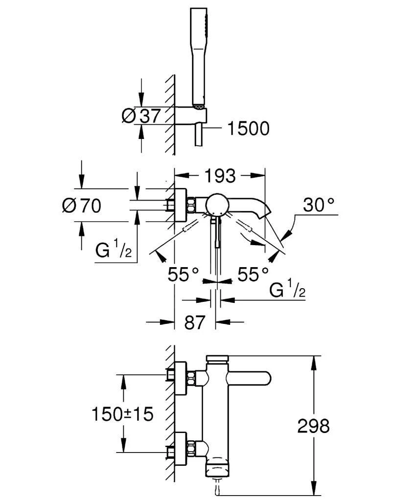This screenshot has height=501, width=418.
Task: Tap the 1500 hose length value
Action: pyautogui.click(x=248, y=129)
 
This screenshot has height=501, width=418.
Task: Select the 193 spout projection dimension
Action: pyautogui.click(x=219, y=175)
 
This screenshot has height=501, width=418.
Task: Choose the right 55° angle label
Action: pyautogui.click(x=253, y=274)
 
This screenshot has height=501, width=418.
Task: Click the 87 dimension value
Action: pyautogui.click(x=195, y=322)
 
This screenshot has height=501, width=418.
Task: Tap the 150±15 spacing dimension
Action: pyautogui.click(x=122, y=414)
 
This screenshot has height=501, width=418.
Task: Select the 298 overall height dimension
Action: pyautogui.click(x=314, y=426)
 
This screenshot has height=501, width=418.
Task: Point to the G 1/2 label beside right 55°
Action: pyautogui.click(x=288, y=290)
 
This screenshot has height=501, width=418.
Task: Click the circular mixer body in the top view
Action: pyautogui.click(x=217, y=204)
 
